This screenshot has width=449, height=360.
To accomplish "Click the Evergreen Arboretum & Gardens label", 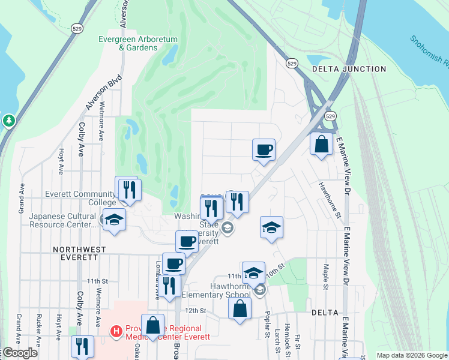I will click(x=138, y=43).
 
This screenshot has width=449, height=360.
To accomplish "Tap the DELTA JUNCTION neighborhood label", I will click(x=349, y=69).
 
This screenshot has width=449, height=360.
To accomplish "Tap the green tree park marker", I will click(x=8, y=121).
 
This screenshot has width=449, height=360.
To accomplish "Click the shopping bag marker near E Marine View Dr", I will click(x=322, y=144).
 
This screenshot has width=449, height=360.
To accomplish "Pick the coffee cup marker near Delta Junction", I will click(x=264, y=149).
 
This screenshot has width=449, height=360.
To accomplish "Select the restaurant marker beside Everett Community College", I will click(x=129, y=190).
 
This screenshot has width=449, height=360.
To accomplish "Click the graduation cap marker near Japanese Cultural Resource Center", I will click(x=114, y=220).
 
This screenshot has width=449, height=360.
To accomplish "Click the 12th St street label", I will click(x=196, y=311).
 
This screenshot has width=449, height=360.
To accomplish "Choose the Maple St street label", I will click(x=326, y=276).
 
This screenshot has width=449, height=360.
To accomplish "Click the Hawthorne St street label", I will click(x=330, y=200).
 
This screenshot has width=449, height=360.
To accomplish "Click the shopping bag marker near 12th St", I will click(x=240, y=309).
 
